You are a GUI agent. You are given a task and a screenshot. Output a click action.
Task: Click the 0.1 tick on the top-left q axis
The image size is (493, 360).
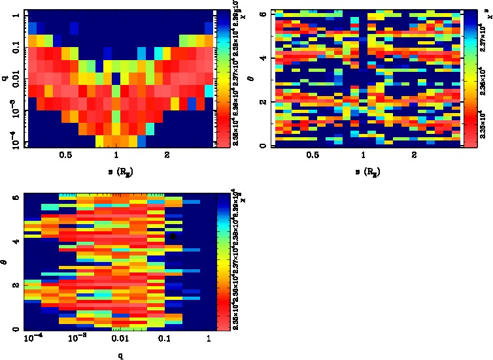pyautogui.click(x=14, y=48)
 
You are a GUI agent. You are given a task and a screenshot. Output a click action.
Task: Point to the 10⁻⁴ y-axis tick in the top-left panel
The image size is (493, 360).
pyautogui.click(x=14, y=142)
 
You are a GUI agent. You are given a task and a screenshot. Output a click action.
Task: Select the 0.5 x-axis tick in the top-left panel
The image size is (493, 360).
pyautogui.click(x=65, y=155)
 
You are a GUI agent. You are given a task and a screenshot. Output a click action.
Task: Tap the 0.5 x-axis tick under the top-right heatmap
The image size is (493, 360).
pyautogui.click(x=313, y=155)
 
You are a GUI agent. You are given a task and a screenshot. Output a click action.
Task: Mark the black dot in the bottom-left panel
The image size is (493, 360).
pyautogui.click(x=173, y=237)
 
